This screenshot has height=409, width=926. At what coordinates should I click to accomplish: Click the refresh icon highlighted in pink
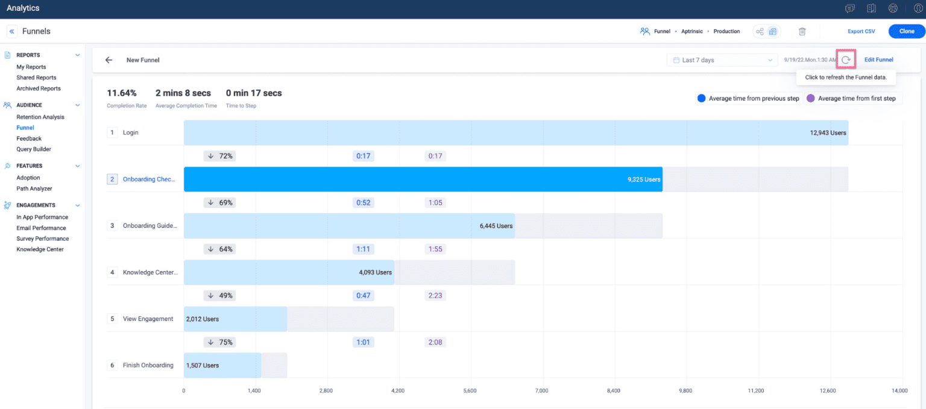tap(846, 60)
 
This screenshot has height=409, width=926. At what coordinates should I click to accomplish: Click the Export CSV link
tap(861, 31)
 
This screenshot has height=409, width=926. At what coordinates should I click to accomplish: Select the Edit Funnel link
tap(878, 60)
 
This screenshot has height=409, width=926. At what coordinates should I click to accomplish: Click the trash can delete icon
tap(802, 31)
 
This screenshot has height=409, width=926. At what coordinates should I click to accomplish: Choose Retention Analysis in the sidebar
tap(40, 117)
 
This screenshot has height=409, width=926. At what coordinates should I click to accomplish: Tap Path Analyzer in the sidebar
tap(34, 189)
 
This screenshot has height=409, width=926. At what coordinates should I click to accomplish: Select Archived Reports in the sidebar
tap(39, 89)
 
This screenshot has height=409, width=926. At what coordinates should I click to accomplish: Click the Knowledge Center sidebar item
tap(40, 249)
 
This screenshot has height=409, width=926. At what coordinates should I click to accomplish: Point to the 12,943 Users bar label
tap(828, 133)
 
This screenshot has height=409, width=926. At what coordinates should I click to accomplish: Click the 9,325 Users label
tap(644, 180)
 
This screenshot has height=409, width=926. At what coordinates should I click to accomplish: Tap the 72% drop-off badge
tap(219, 156)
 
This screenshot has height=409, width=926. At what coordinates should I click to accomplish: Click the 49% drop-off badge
tap(219, 296)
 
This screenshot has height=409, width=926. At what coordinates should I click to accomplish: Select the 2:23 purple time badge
tap(435, 296)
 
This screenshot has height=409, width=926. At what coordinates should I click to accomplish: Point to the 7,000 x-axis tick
tap(542, 391)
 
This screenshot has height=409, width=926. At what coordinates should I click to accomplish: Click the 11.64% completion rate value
tap(122, 93)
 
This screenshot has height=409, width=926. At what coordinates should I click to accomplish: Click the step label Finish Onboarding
tap(148, 366)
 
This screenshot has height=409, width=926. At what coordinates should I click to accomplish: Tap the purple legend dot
tap(810, 98)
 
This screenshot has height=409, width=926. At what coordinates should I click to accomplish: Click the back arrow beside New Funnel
tap(109, 60)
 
